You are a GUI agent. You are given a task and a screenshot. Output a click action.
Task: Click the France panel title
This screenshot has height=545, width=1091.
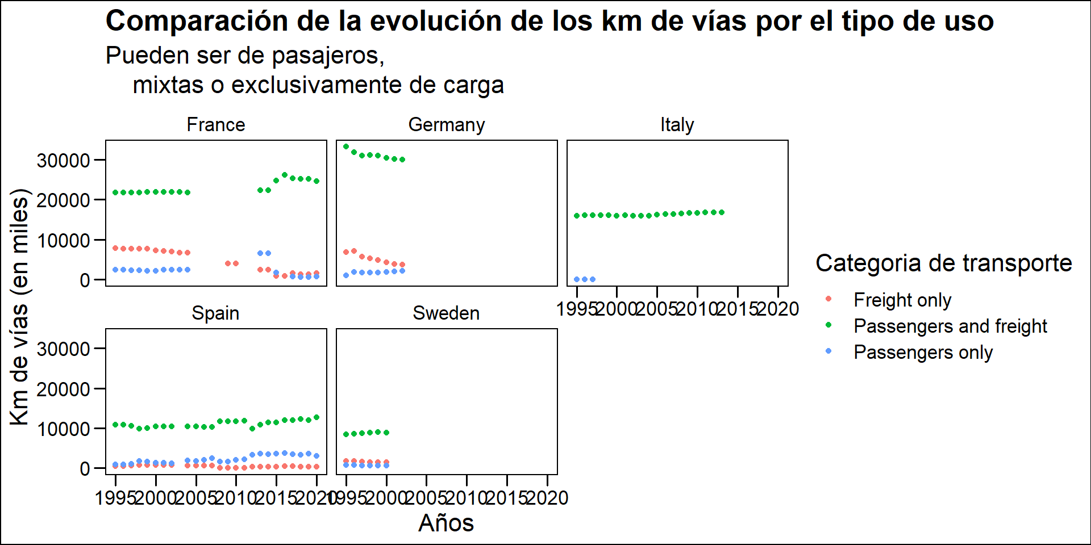point(216,125)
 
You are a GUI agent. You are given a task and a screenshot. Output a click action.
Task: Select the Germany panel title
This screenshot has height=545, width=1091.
point(447,125)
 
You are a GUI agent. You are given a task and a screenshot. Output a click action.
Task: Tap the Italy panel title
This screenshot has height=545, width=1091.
point(677,125)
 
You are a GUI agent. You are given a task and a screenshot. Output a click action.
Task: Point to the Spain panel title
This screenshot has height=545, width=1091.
point(215,313)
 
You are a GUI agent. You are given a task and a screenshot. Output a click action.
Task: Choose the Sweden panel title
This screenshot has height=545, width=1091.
point(446,313)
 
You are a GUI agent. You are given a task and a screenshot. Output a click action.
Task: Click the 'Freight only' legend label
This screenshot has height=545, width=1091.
point(902,300)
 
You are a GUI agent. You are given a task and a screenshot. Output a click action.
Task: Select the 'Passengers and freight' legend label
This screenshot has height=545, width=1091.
point(950,326)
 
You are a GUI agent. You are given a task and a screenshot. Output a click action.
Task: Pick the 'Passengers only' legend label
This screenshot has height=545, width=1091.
point(923,352)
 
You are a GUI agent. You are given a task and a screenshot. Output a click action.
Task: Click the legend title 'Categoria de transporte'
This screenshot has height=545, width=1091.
point(943,263)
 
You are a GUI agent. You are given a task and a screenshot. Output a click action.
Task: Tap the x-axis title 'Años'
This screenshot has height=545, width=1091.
point(446,523)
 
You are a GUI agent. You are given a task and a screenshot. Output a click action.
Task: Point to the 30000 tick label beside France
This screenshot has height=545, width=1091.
point(63,161)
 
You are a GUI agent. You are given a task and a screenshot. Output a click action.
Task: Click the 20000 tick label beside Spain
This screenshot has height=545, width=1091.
point(63,389)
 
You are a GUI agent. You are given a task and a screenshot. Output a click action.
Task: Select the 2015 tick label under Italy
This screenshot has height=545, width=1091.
point(738,309)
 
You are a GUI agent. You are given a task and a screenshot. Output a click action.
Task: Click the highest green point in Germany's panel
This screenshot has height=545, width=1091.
point(346,146)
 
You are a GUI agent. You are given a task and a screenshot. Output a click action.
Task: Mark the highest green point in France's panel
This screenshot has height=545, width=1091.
point(285,175)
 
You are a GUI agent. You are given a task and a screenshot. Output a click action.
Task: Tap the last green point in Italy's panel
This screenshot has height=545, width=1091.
point(722,212)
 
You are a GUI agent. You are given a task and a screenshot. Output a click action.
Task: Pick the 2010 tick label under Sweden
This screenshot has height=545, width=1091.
point(467,498)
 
